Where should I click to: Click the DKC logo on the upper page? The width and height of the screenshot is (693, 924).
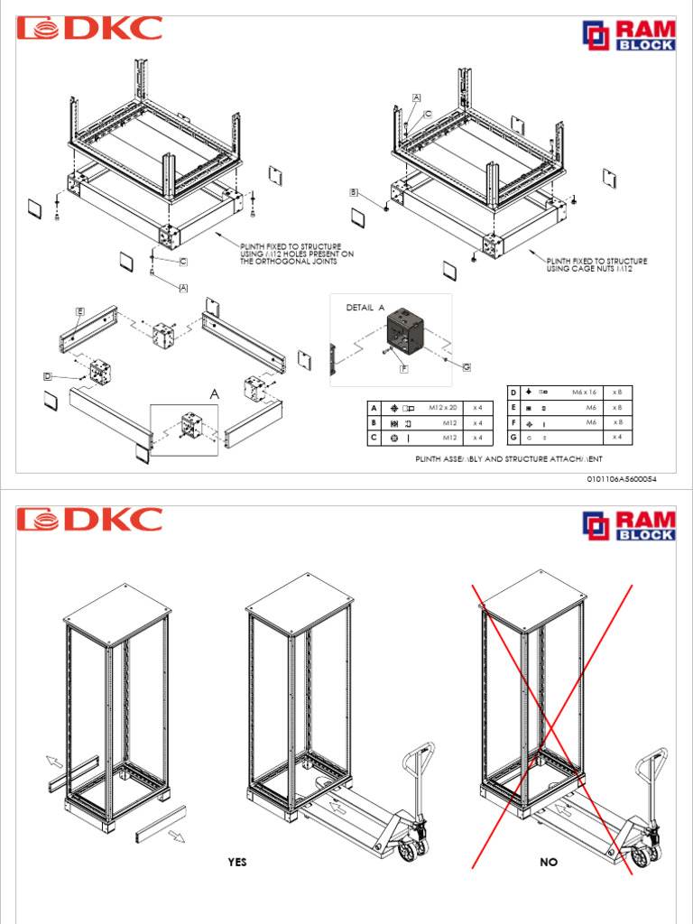point(89,28)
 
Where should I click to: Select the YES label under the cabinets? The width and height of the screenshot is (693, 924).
point(236,863)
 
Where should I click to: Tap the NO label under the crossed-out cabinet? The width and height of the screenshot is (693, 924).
point(549,863)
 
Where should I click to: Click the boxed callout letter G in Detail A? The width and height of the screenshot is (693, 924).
point(467,366)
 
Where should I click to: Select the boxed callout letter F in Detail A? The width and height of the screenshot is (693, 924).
point(404,369)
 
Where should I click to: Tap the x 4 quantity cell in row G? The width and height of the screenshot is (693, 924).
point(617,437)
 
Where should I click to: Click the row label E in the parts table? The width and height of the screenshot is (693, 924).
point(513,407)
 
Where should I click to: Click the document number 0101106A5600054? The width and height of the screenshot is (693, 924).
point(623,479)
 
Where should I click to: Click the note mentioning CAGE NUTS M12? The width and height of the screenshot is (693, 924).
point(596,265)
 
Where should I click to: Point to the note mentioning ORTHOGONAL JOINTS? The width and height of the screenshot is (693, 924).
point(296,254)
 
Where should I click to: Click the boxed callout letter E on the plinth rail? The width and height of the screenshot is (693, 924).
point(79,311)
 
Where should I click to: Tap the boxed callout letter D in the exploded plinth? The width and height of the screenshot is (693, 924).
point(48,374)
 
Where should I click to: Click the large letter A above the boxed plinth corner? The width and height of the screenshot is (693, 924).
point(214,394)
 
